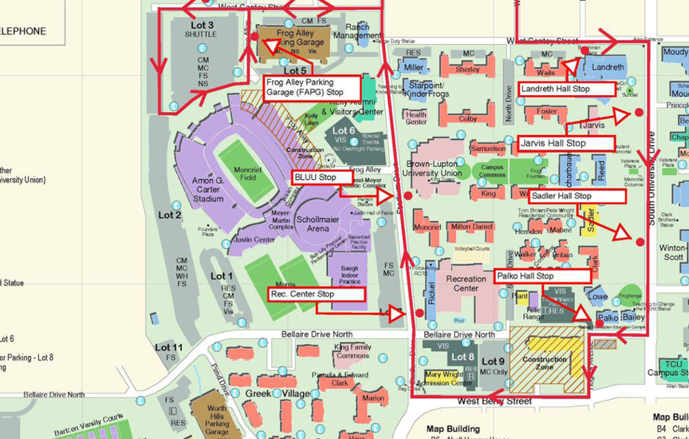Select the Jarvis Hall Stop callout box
[x=564, y=143]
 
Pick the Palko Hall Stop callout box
[x=541, y=276]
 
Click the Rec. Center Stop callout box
[x=316, y=294]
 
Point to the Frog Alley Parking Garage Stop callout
[x=311, y=86]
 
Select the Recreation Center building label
[x=466, y=283]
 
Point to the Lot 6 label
[x=344, y=130]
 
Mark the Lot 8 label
[x=462, y=357]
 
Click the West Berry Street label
[x=495, y=401]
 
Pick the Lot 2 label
[x=170, y=215]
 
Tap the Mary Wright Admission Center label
[x=444, y=378]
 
